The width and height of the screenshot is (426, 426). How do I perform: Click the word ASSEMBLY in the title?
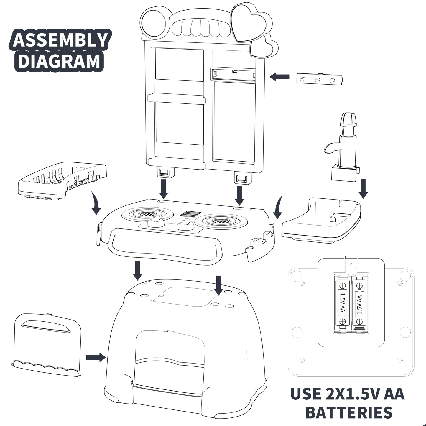(x=60, y=40)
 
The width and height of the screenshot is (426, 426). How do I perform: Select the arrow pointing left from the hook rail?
(x=279, y=77)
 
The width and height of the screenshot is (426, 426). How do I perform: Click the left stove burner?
(x=147, y=214)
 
